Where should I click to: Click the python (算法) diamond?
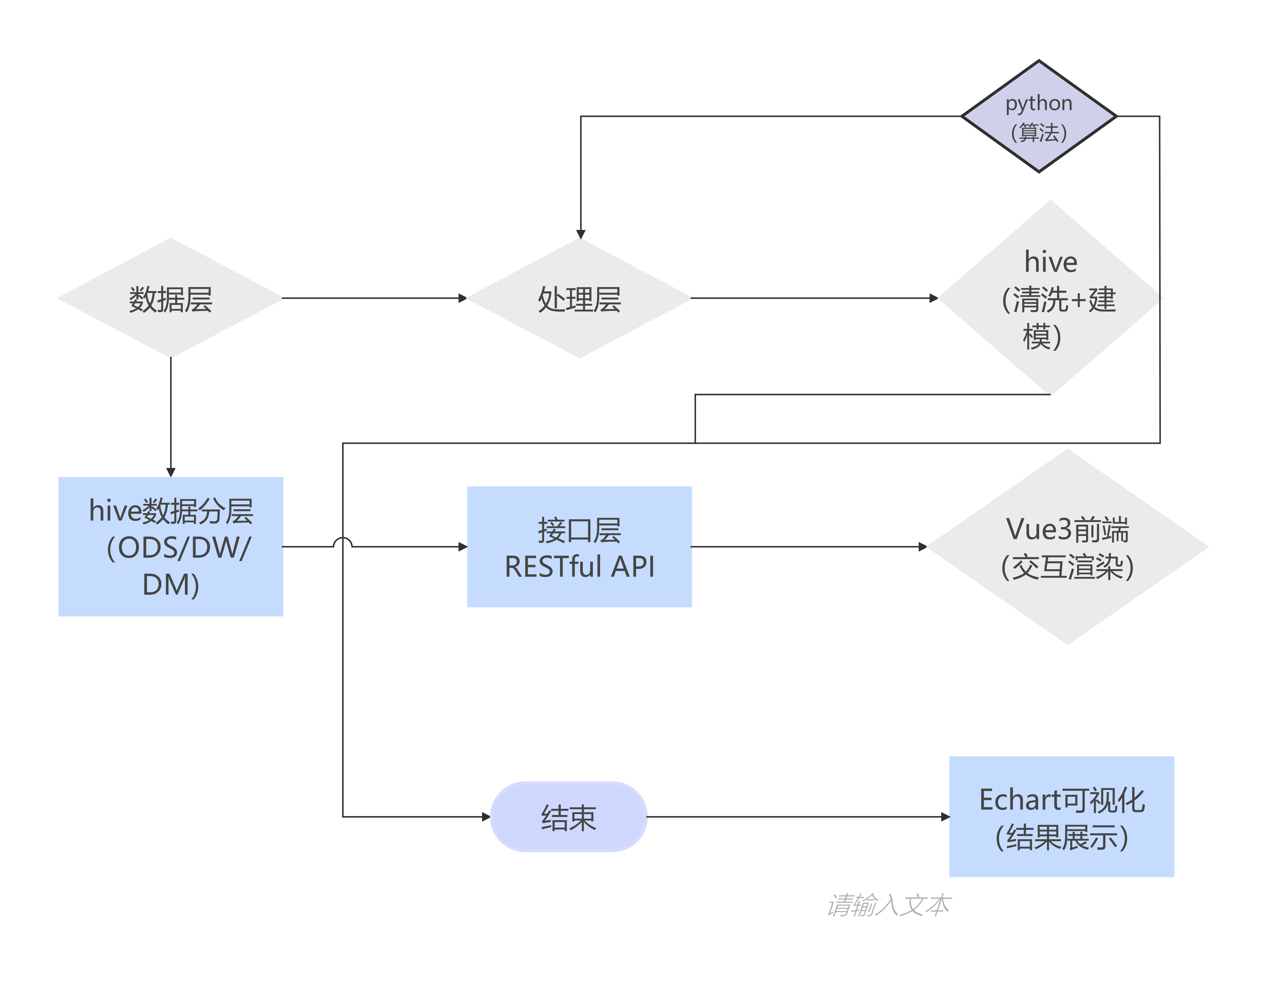click(x=1039, y=116)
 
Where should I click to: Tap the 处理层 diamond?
click(x=580, y=298)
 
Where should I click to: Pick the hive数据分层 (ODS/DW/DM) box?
click(x=171, y=546)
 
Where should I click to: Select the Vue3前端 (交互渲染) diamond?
click(x=1067, y=546)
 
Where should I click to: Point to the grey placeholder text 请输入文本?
click(x=888, y=904)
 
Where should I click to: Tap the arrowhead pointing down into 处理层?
click(x=580, y=235)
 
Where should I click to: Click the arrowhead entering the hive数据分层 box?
click(x=171, y=472)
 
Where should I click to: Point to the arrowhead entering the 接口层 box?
click(x=463, y=546)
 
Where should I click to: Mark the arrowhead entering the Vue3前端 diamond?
click(x=923, y=546)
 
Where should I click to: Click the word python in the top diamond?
click(x=1039, y=103)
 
